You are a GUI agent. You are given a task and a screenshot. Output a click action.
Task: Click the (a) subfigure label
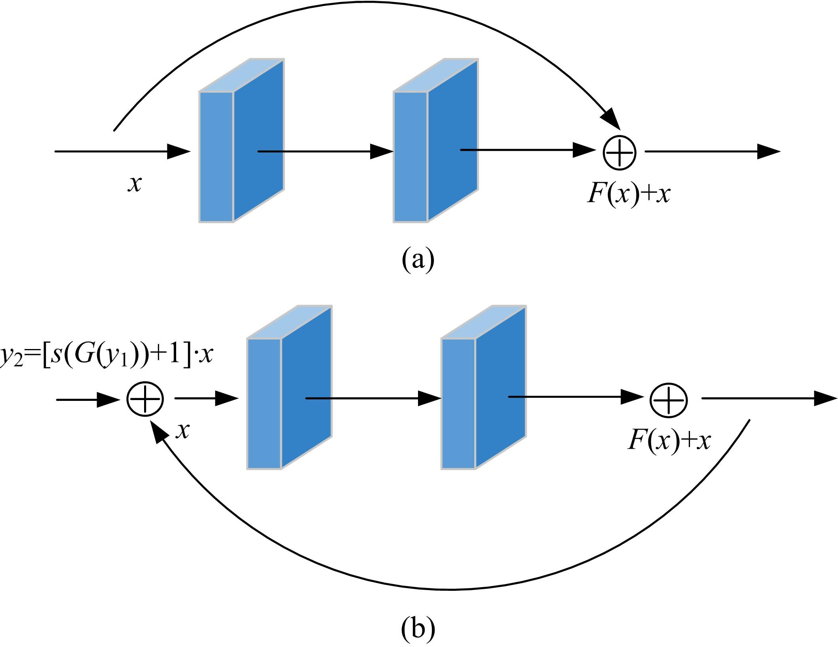[x=418, y=260]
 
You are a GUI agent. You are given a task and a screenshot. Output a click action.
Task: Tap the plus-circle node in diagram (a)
[x=619, y=153]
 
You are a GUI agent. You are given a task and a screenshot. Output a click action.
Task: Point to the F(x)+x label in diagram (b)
[x=669, y=440]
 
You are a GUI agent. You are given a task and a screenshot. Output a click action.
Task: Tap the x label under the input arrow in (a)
[x=135, y=184]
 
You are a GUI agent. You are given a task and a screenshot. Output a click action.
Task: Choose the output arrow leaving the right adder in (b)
[x=768, y=398]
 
